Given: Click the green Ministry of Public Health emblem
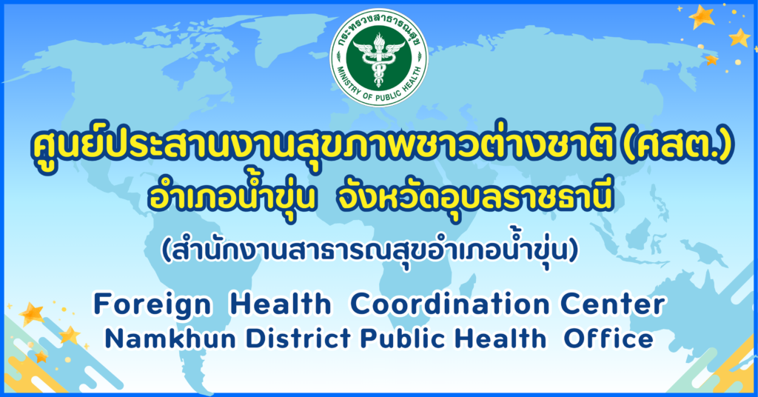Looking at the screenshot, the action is pos(378,56).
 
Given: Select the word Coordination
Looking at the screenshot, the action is pos(449,304).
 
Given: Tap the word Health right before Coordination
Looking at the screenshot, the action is pos(281,304).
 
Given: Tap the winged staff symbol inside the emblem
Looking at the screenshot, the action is pos(379,58).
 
